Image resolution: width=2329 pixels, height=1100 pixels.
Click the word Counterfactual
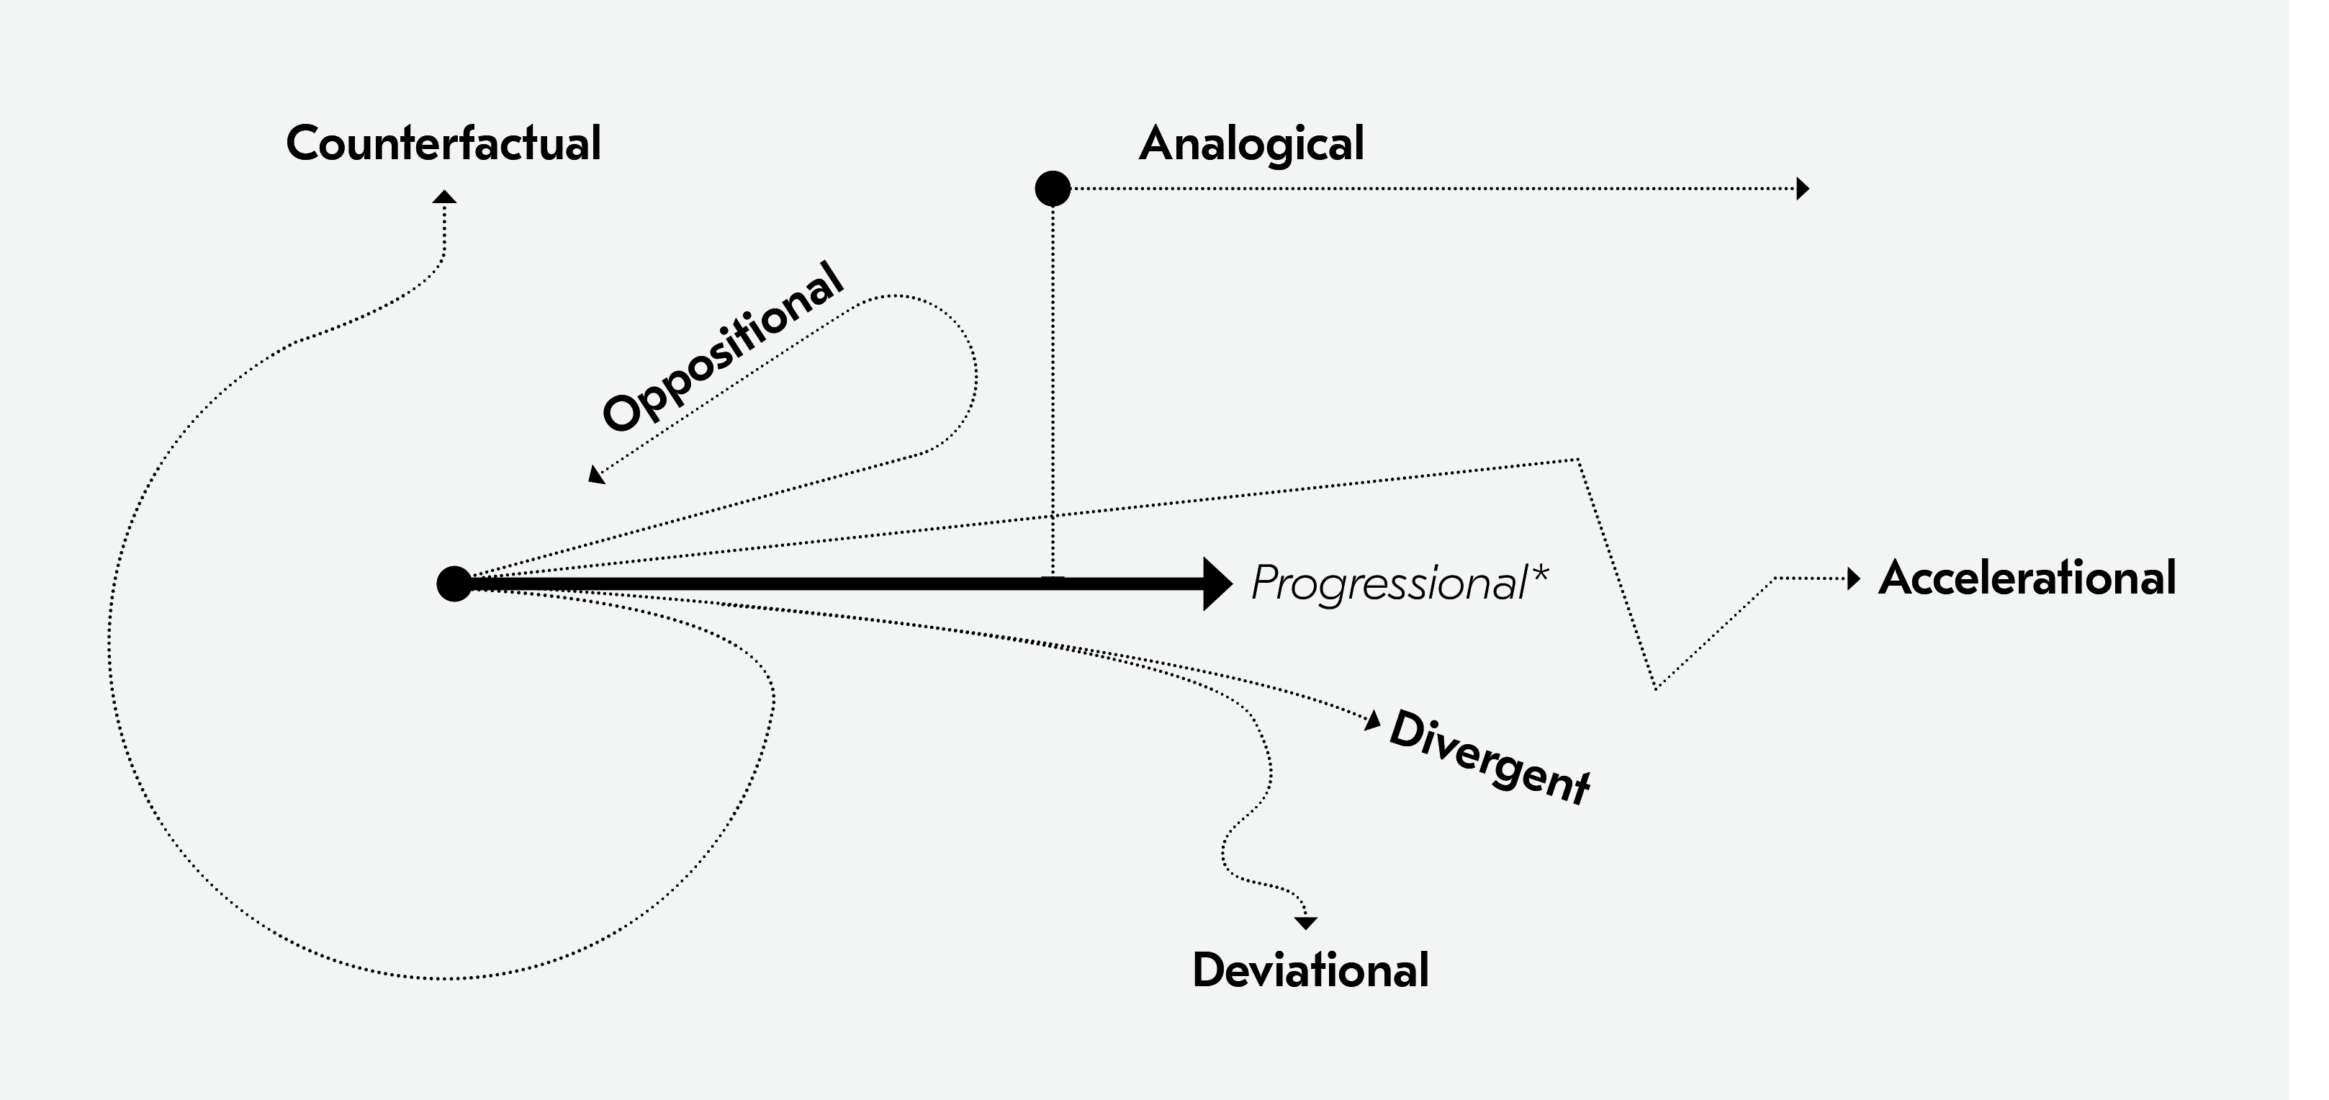(443, 143)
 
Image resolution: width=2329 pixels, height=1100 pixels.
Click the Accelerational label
(2027, 578)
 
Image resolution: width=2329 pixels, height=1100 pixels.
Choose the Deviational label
(1311, 970)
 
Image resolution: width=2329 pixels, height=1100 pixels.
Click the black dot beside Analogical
(1053, 189)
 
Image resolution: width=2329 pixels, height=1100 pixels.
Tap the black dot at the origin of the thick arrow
(454, 583)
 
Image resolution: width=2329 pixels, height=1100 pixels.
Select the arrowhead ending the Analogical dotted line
(1802, 189)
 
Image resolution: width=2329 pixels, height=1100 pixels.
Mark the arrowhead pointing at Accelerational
(1853, 578)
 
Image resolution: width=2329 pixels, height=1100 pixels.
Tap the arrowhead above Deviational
(1305, 923)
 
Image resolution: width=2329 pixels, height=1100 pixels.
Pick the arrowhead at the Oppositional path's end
(596, 475)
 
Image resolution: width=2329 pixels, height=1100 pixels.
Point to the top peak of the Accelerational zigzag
(1577, 460)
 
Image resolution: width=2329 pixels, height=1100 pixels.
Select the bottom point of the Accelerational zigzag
(1655, 689)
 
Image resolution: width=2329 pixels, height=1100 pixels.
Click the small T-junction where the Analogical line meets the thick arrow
(1053, 576)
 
